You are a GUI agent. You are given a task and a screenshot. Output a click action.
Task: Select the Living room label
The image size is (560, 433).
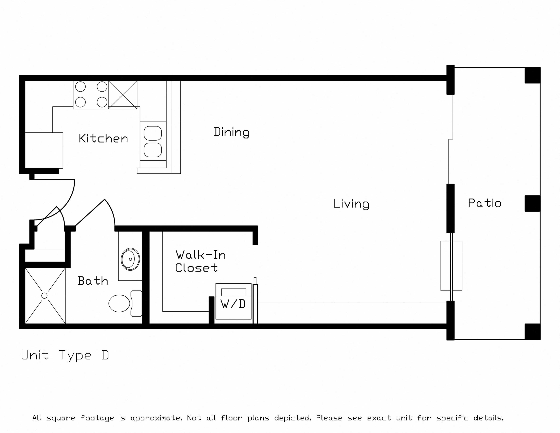[x=351, y=204]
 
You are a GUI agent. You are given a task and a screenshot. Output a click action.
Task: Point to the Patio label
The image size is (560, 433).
[x=485, y=203]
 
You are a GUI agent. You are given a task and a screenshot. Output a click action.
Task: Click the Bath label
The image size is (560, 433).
[x=93, y=281]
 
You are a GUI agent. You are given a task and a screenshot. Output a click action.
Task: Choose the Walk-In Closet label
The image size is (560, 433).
[x=201, y=261]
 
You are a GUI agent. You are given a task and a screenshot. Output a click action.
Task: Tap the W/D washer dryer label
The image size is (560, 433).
[x=233, y=304]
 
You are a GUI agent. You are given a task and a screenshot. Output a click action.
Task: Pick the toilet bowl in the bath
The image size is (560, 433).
[x=119, y=303]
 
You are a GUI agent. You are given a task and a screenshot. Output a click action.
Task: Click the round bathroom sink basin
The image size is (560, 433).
[x=130, y=259]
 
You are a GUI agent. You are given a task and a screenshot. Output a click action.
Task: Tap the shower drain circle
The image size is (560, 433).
[x=44, y=296]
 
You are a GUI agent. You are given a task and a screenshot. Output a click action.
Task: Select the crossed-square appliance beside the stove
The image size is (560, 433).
[x=123, y=95]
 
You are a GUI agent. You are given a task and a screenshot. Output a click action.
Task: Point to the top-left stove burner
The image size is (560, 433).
[x=80, y=87]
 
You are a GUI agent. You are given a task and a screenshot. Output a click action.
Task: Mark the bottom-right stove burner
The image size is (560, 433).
[x=102, y=102]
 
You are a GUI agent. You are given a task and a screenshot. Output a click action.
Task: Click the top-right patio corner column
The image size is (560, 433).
[x=533, y=75]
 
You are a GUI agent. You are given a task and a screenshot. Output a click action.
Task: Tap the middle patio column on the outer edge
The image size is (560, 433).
[x=533, y=203]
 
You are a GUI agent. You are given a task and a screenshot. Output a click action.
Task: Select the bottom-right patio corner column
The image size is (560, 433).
[x=533, y=332]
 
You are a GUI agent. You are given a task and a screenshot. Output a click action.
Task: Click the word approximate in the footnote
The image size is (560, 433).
[x=156, y=418]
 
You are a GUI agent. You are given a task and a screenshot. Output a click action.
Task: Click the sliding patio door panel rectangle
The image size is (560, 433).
[x=451, y=266]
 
